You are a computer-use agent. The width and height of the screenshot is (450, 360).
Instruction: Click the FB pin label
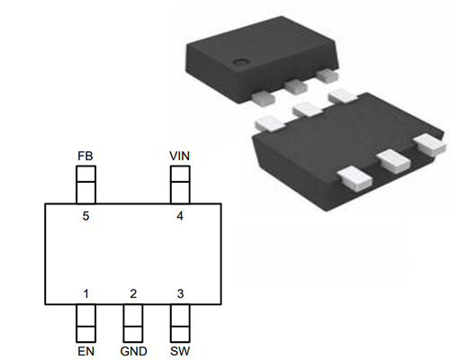pyautogui.click(x=85, y=156)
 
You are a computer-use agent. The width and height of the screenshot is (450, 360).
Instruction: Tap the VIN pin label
pyautogui.click(x=180, y=156)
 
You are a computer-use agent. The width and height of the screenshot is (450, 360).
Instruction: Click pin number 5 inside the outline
pyautogui.click(x=85, y=216)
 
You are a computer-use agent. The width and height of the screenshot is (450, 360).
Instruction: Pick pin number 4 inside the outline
pyautogui.click(x=180, y=216)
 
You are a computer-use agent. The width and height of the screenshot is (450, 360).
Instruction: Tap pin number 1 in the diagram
pyautogui.click(x=85, y=293)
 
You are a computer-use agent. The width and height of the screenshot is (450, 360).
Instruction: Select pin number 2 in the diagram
pyautogui.click(x=133, y=293)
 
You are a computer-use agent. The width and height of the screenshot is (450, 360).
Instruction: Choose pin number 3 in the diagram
pyautogui.click(x=180, y=293)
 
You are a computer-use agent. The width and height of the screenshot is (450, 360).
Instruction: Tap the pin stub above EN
pyautogui.click(x=85, y=322)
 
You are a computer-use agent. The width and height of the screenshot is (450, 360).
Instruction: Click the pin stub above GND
pyautogui.click(x=133, y=322)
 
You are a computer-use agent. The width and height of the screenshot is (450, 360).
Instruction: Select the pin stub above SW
pyautogui.click(x=180, y=322)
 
